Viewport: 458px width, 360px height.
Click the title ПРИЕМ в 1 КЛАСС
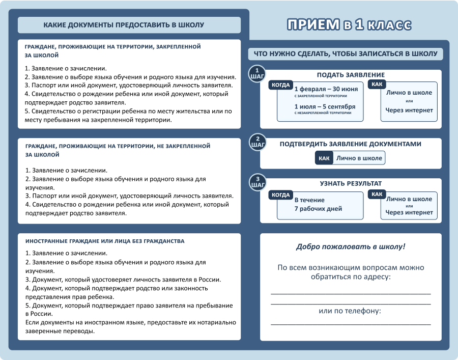(x=349, y=24)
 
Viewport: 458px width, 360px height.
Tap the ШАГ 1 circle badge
(x=257, y=74)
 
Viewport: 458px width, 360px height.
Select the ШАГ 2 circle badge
(x=257, y=142)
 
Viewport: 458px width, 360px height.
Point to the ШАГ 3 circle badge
(x=257, y=182)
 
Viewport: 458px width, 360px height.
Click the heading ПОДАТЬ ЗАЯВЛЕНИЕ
(x=351, y=75)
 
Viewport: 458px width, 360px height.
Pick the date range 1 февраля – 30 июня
(x=326, y=89)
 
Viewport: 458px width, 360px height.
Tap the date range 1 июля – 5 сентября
(x=325, y=106)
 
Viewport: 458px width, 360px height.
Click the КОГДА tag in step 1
(x=281, y=85)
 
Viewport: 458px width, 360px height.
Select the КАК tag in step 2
(x=324, y=158)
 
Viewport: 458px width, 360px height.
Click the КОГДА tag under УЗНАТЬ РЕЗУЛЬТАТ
(x=281, y=195)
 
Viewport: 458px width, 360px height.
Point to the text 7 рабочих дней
(x=318, y=209)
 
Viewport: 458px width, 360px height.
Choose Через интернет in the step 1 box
(x=409, y=110)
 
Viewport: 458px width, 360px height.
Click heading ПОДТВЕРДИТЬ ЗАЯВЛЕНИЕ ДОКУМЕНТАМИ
(x=351, y=144)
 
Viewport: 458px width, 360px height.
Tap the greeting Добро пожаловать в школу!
(x=351, y=246)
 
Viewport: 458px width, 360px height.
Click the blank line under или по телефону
(x=351, y=324)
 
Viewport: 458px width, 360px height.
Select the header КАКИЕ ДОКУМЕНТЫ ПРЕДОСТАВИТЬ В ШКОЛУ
(x=124, y=25)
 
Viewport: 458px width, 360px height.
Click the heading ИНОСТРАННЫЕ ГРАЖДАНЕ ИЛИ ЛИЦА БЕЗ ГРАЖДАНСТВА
(x=105, y=241)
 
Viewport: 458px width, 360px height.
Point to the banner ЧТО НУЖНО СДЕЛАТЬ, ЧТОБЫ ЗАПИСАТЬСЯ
(x=346, y=54)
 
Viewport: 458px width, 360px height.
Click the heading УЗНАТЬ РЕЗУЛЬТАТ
(x=351, y=183)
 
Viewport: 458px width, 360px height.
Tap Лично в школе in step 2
(x=359, y=158)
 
